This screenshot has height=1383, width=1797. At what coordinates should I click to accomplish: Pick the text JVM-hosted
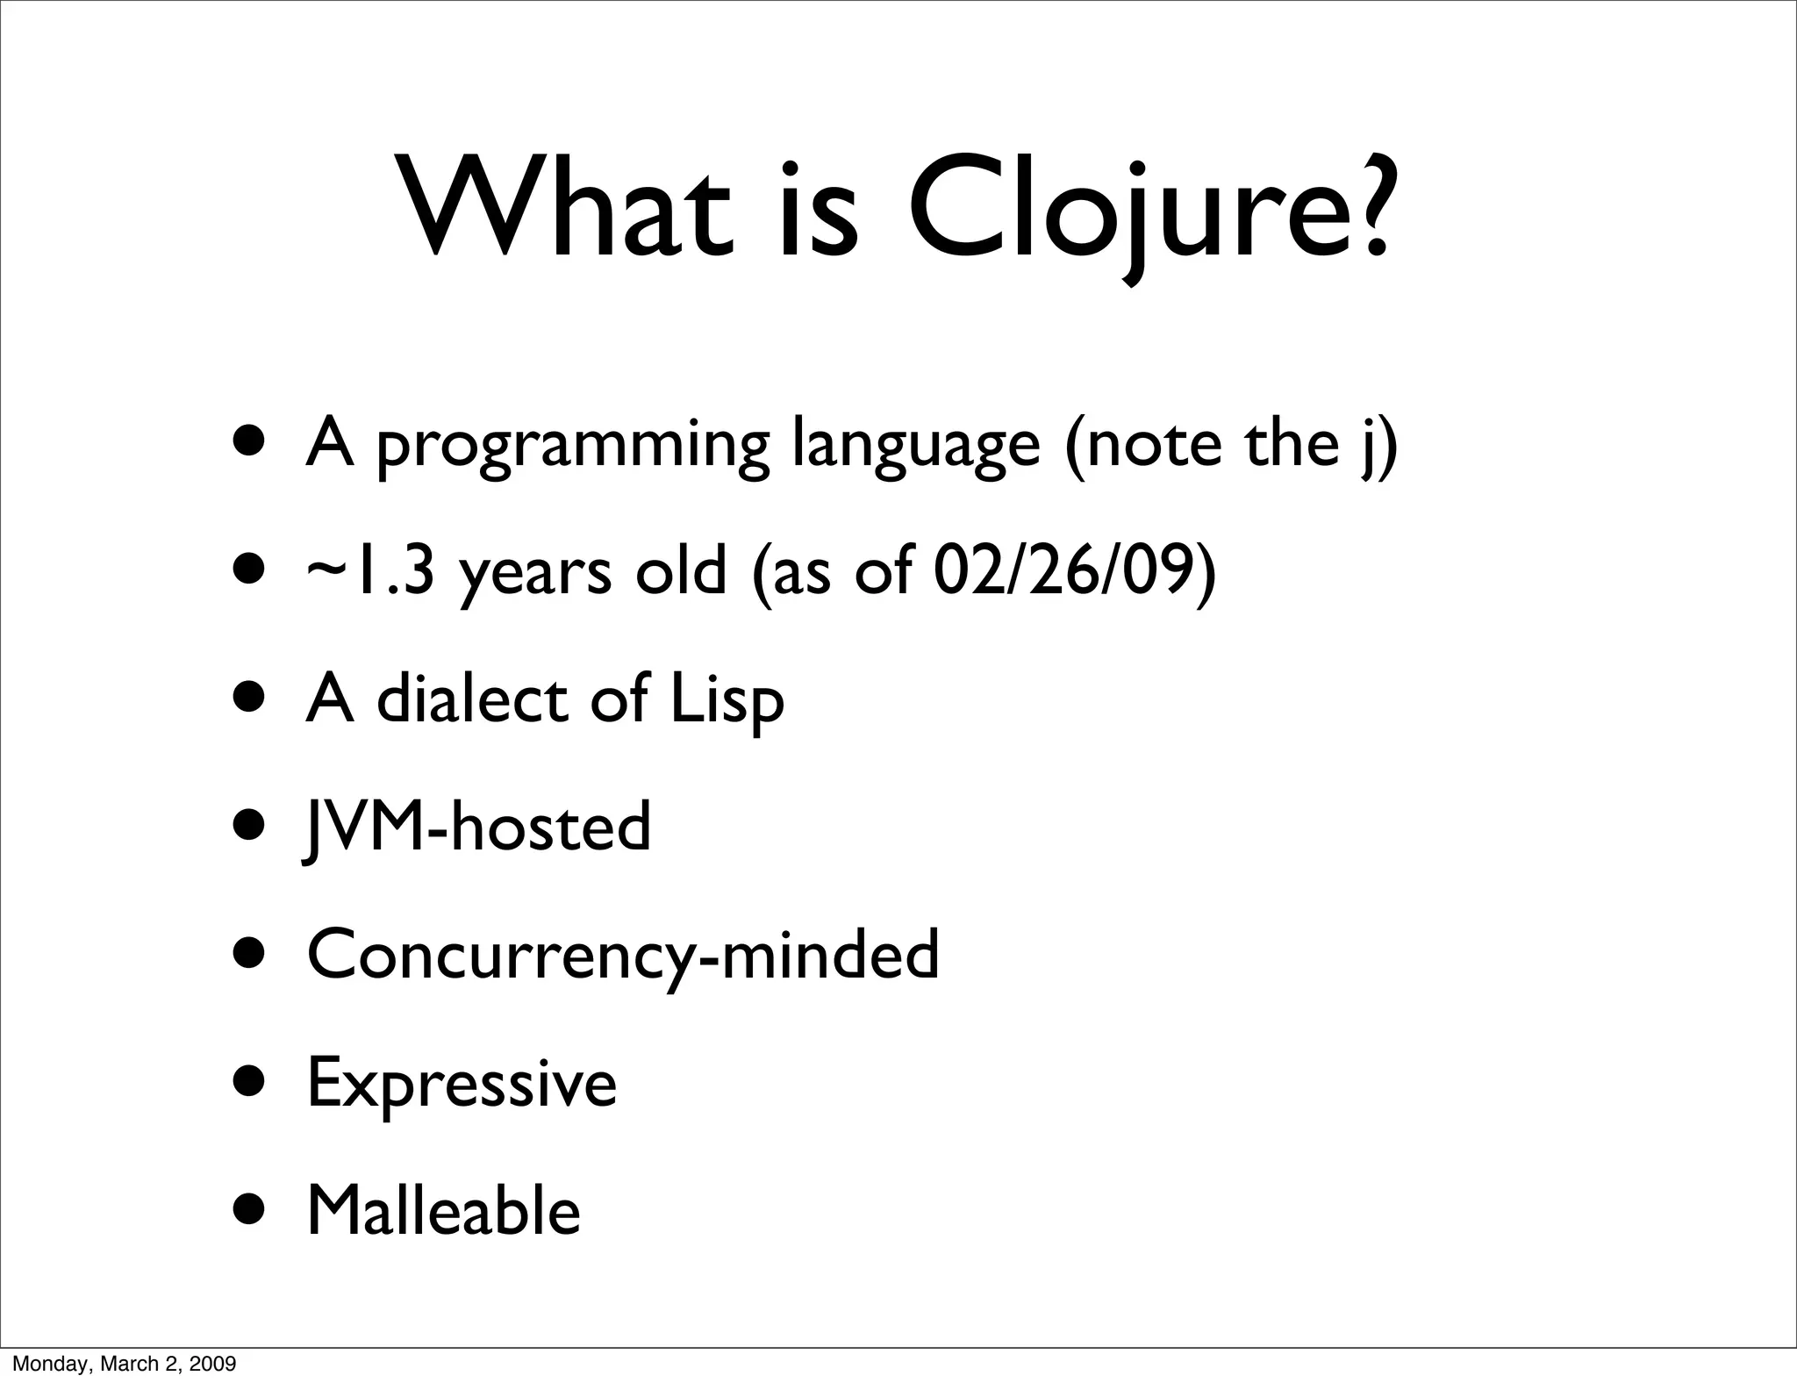[x=477, y=828]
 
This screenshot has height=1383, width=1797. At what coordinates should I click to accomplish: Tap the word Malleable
[x=443, y=1212]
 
